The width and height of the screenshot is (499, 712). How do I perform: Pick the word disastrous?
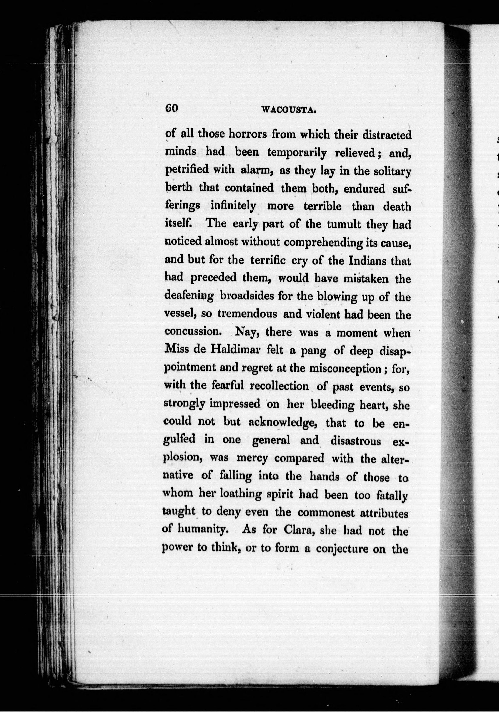(356, 441)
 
